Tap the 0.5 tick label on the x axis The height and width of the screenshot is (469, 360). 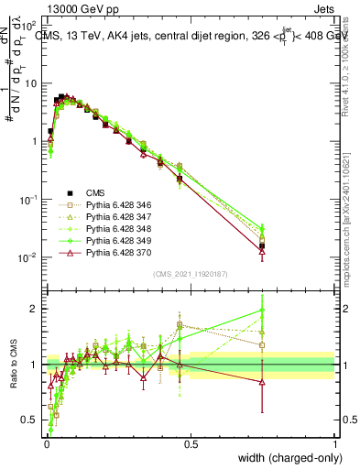pyautogui.click(x=191, y=442)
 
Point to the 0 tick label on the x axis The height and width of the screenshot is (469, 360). pyautogui.click(x=47, y=442)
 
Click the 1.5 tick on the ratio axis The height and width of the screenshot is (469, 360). pyautogui.click(x=32, y=336)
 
